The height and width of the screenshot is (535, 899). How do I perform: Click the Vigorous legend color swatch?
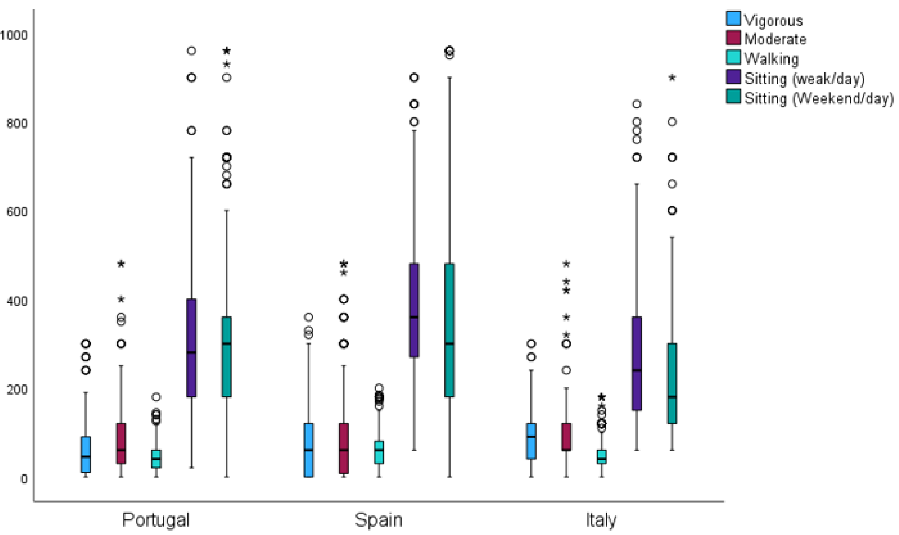click(x=733, y=19)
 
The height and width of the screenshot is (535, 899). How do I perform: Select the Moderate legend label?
click(x=775, y=39)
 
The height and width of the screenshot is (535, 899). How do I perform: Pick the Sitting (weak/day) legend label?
click(x=804, y=79)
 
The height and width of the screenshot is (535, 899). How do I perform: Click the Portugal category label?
click(x=156, y=520)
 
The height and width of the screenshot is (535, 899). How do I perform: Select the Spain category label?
click(x=378, y=520)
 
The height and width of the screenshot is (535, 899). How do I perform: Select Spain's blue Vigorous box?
click(x=308, y=450)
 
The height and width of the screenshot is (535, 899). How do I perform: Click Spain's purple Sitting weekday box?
click(x=414, y=310)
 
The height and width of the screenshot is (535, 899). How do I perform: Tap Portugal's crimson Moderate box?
click(x=121, y=443)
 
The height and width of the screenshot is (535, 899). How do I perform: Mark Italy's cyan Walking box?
click(x=601, y=456)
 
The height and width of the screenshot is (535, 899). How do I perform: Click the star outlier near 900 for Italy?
click(x=672, y=78)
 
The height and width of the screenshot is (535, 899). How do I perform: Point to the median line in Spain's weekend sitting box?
click(x=449, y=344)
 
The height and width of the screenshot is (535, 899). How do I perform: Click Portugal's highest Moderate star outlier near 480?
click(x=121, y=264)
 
